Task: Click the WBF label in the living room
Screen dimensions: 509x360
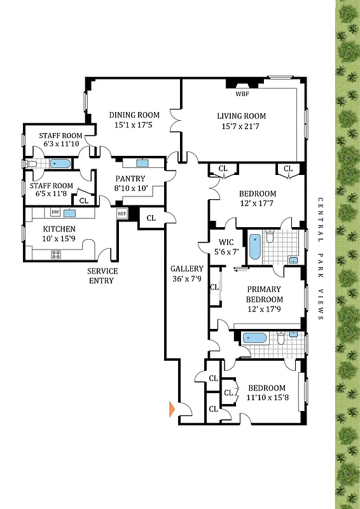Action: coord(242,94)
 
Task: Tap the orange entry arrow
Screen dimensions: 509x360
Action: coord(171,409)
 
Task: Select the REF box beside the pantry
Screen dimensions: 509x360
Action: coord(122,214)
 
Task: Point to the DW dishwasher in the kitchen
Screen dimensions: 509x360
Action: coord(55,212)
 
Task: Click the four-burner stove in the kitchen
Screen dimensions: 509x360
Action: coord(56,254)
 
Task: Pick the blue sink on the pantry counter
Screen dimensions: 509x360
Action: coord(142,164)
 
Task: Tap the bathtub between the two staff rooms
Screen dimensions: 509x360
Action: coord(60,164)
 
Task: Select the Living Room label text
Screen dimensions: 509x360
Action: coord(241,116)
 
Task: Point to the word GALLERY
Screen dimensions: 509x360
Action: coord(187,269)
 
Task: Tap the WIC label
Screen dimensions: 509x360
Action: coord(227,242)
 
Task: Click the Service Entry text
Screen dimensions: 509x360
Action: coord(102,275)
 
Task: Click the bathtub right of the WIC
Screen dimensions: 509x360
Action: coord(254,248)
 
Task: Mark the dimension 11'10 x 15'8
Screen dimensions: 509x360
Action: coord(267,398)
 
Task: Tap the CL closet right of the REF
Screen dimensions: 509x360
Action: coord(151,218)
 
